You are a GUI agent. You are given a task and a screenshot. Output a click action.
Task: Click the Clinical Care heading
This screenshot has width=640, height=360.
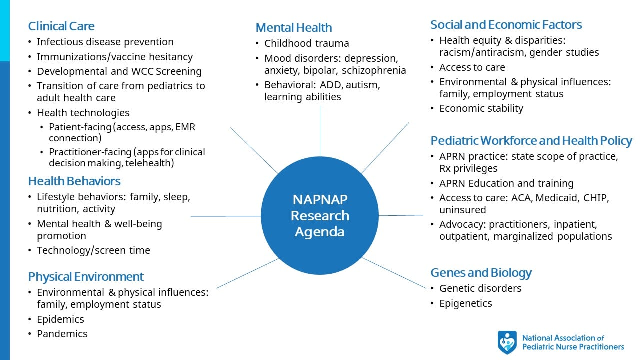click(61, 26)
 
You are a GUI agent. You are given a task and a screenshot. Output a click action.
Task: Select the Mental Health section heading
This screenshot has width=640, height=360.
click(293, 27)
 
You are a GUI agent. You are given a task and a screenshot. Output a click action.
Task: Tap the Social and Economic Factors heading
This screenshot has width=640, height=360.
click(506, 25)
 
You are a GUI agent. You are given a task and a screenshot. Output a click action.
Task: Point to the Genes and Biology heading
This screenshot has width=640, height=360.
click(481, 272)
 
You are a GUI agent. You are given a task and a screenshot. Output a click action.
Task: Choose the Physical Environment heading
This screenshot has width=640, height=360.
click(86, 276)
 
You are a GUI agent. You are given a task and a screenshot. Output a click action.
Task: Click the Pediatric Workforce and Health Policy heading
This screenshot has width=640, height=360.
click(531, 140)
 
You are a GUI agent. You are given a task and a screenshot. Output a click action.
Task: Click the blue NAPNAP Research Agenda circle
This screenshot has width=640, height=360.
click(320, 216)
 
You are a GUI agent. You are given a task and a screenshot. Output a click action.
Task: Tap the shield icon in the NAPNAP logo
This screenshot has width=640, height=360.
click(507, 342)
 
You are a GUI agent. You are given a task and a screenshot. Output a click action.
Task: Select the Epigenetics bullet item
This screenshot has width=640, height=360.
click(465, 303)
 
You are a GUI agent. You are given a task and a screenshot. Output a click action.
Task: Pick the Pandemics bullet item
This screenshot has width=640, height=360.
click(62, 334)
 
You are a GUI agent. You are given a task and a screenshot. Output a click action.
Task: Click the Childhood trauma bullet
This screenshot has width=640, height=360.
click(306, 43)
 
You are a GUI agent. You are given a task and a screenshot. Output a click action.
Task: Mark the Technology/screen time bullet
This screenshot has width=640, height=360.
click(93, 250)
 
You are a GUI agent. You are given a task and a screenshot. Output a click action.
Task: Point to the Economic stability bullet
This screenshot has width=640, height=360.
click(481, 108)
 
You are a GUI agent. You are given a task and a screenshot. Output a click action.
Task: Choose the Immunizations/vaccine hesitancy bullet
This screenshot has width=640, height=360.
click(114, 57)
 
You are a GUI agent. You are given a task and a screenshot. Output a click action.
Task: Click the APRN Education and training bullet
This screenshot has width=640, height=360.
click(506, 183)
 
